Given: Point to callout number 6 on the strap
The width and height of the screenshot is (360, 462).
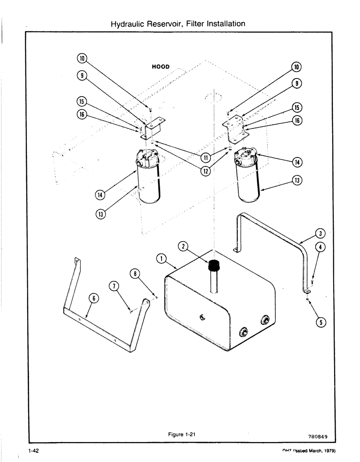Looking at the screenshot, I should pos(92,298).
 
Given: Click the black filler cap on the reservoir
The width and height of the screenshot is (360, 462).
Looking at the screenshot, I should pos(213,266).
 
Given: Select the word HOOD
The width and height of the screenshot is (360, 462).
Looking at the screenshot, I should pos(161,67).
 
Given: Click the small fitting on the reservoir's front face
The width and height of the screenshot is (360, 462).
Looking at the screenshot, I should pos(202,316).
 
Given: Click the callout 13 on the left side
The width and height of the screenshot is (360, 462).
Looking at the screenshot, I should pos(101,214).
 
